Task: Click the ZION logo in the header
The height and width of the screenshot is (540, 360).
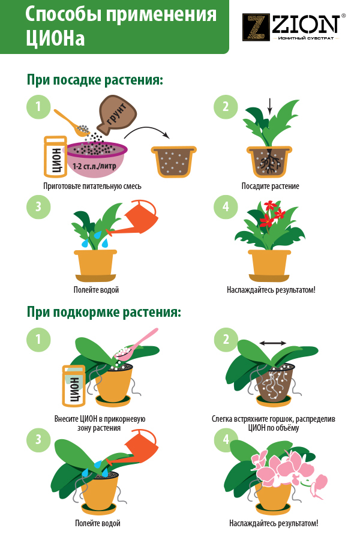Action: [294, 27]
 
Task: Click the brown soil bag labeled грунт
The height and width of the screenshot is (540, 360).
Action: [117, 115]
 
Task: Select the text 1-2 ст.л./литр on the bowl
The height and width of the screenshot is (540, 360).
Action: [94, 166]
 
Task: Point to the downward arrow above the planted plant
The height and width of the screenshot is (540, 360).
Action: [270, 106]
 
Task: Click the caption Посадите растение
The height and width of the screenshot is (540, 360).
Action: [270, 187]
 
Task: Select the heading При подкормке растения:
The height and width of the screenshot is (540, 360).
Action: [104, 313]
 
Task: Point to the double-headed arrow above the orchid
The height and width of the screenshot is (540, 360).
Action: [272, 343]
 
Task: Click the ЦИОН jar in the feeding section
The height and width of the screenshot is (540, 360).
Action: [73, 386]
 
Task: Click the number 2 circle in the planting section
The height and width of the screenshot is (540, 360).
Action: [226, 106]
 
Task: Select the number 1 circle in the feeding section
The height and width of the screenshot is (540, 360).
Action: [38, 340]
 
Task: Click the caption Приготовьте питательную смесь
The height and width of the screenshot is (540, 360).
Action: [92, 187]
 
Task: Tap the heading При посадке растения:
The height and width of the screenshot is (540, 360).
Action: [95, 80]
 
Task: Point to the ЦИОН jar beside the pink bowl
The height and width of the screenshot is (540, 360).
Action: [55, 157]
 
